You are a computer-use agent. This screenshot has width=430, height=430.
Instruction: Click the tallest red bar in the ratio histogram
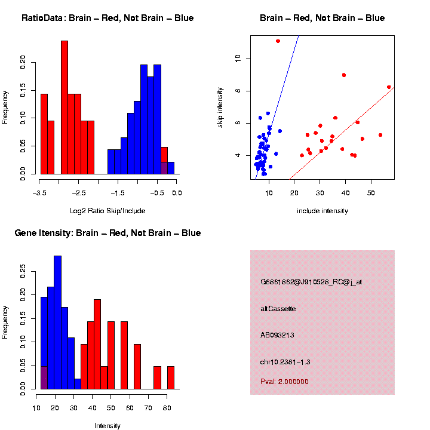64,107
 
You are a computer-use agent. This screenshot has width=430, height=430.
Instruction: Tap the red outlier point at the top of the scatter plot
278,41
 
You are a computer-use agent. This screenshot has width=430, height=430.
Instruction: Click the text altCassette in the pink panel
278,309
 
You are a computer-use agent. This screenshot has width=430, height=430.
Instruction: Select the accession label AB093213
277,335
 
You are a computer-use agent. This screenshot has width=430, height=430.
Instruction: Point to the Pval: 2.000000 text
284,382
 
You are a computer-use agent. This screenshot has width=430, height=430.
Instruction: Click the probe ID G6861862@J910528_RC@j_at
311,282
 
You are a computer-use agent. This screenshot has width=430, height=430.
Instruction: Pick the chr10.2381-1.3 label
285,362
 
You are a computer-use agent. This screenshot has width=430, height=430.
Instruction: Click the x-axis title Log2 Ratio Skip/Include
107,211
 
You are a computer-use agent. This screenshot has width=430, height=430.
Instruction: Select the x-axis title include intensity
322,211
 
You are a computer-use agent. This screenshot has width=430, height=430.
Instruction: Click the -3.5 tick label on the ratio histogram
39,193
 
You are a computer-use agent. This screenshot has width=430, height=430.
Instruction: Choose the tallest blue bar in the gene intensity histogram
58,322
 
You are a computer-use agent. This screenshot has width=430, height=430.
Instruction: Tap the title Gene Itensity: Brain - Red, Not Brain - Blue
107,233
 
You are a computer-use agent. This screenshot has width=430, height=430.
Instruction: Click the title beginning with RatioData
107,18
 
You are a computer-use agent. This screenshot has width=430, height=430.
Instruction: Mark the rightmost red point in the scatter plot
389,87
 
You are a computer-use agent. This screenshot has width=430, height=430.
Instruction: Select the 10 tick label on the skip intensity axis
237,59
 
